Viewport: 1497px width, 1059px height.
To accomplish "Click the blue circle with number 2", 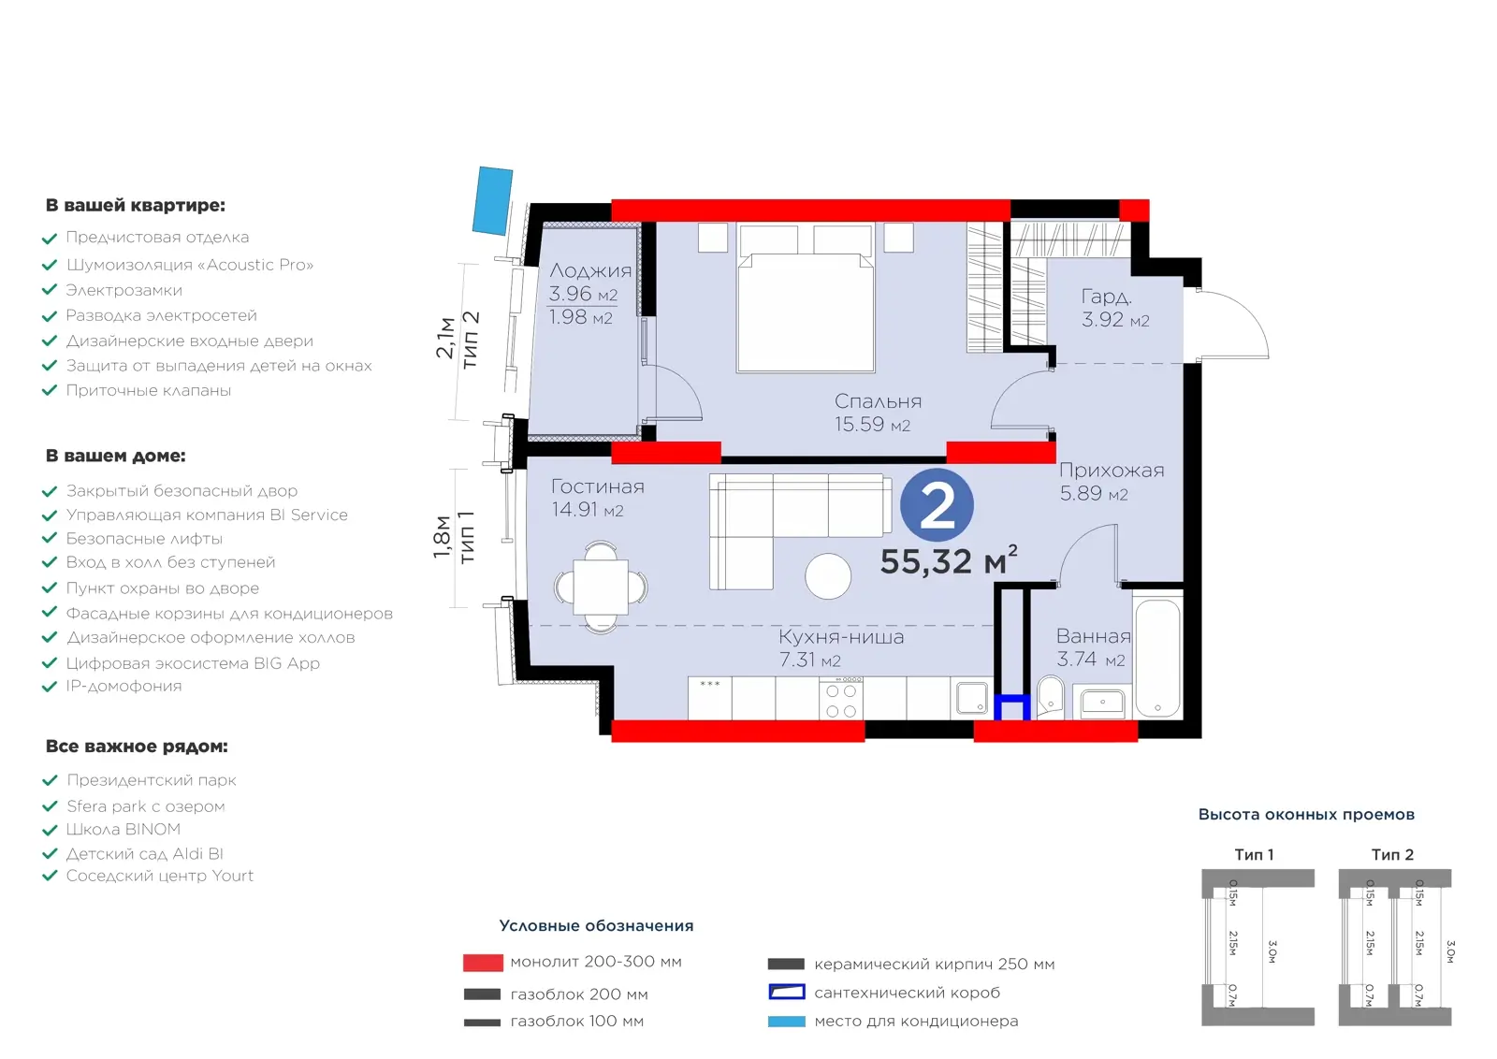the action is point(937,505).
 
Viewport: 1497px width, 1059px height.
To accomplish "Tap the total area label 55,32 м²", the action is point(949,560).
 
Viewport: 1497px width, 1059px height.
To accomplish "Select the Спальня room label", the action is point(879,401).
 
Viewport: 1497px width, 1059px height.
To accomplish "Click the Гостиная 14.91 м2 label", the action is point(598,498).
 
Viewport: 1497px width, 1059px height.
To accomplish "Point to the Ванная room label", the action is point(1094,636).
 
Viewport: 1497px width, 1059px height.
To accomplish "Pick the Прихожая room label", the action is point(1112,471).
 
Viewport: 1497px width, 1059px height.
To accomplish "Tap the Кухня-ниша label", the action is point(841,637).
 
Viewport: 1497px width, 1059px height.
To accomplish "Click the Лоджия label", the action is point(590,270).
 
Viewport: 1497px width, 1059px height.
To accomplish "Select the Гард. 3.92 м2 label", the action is point(1115,308).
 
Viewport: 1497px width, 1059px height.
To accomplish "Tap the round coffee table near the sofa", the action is point(828,576).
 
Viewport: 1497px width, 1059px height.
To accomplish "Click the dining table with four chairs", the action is point(600,588).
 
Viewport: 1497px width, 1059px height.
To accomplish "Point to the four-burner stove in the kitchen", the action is point(841,699).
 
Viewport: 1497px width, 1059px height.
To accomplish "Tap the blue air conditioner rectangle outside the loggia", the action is point(492,200).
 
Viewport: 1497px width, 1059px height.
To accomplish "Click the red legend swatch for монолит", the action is point(483,962).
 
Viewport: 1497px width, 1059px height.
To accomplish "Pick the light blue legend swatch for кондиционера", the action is point(786,1022).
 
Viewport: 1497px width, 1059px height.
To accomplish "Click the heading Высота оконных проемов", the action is point(1306,815).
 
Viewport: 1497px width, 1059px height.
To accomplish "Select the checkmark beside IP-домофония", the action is point(50,687).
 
